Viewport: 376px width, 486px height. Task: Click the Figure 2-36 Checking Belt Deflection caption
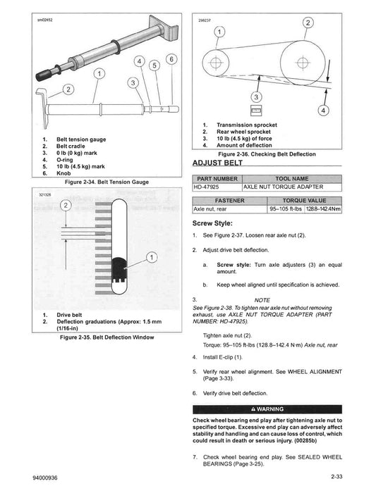click(267, 154)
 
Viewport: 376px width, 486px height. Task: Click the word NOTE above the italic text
click(262, 299)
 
